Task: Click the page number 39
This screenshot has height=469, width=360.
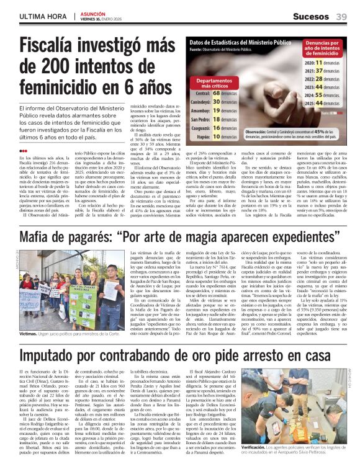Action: tap(341, 17)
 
